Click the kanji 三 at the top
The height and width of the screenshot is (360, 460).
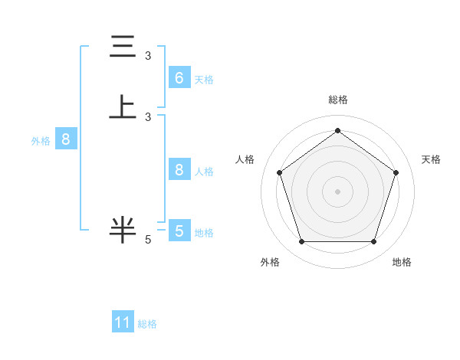pos(123,47)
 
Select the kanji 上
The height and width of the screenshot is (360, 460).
pos(123,107)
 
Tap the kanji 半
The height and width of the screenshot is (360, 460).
pos(123,230)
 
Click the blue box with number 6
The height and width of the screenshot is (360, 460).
pos(179,77)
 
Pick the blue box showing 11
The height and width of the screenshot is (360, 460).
pos(123,322)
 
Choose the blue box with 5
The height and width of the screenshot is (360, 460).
pos(179,231)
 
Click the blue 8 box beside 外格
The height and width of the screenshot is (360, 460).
pos(66,139)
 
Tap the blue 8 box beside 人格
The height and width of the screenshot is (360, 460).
pos(179,170)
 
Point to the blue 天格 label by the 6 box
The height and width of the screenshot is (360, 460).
pos(204,79)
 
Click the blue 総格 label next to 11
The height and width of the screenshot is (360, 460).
pos(147,324)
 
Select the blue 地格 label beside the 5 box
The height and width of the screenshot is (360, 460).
pos(204,232)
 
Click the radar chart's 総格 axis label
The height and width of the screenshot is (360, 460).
pos(337,100)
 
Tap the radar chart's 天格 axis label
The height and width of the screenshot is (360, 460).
pos(431,159)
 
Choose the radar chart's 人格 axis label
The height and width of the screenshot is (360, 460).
pos(245,159)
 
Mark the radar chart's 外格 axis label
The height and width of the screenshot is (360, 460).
pos(270,262)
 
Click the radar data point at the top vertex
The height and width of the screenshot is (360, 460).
pos(337,130)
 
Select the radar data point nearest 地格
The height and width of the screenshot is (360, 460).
pos(373,241)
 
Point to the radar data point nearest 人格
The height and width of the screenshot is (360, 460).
pos(279,172)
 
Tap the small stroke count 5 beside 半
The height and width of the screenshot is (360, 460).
pos(148,240)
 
